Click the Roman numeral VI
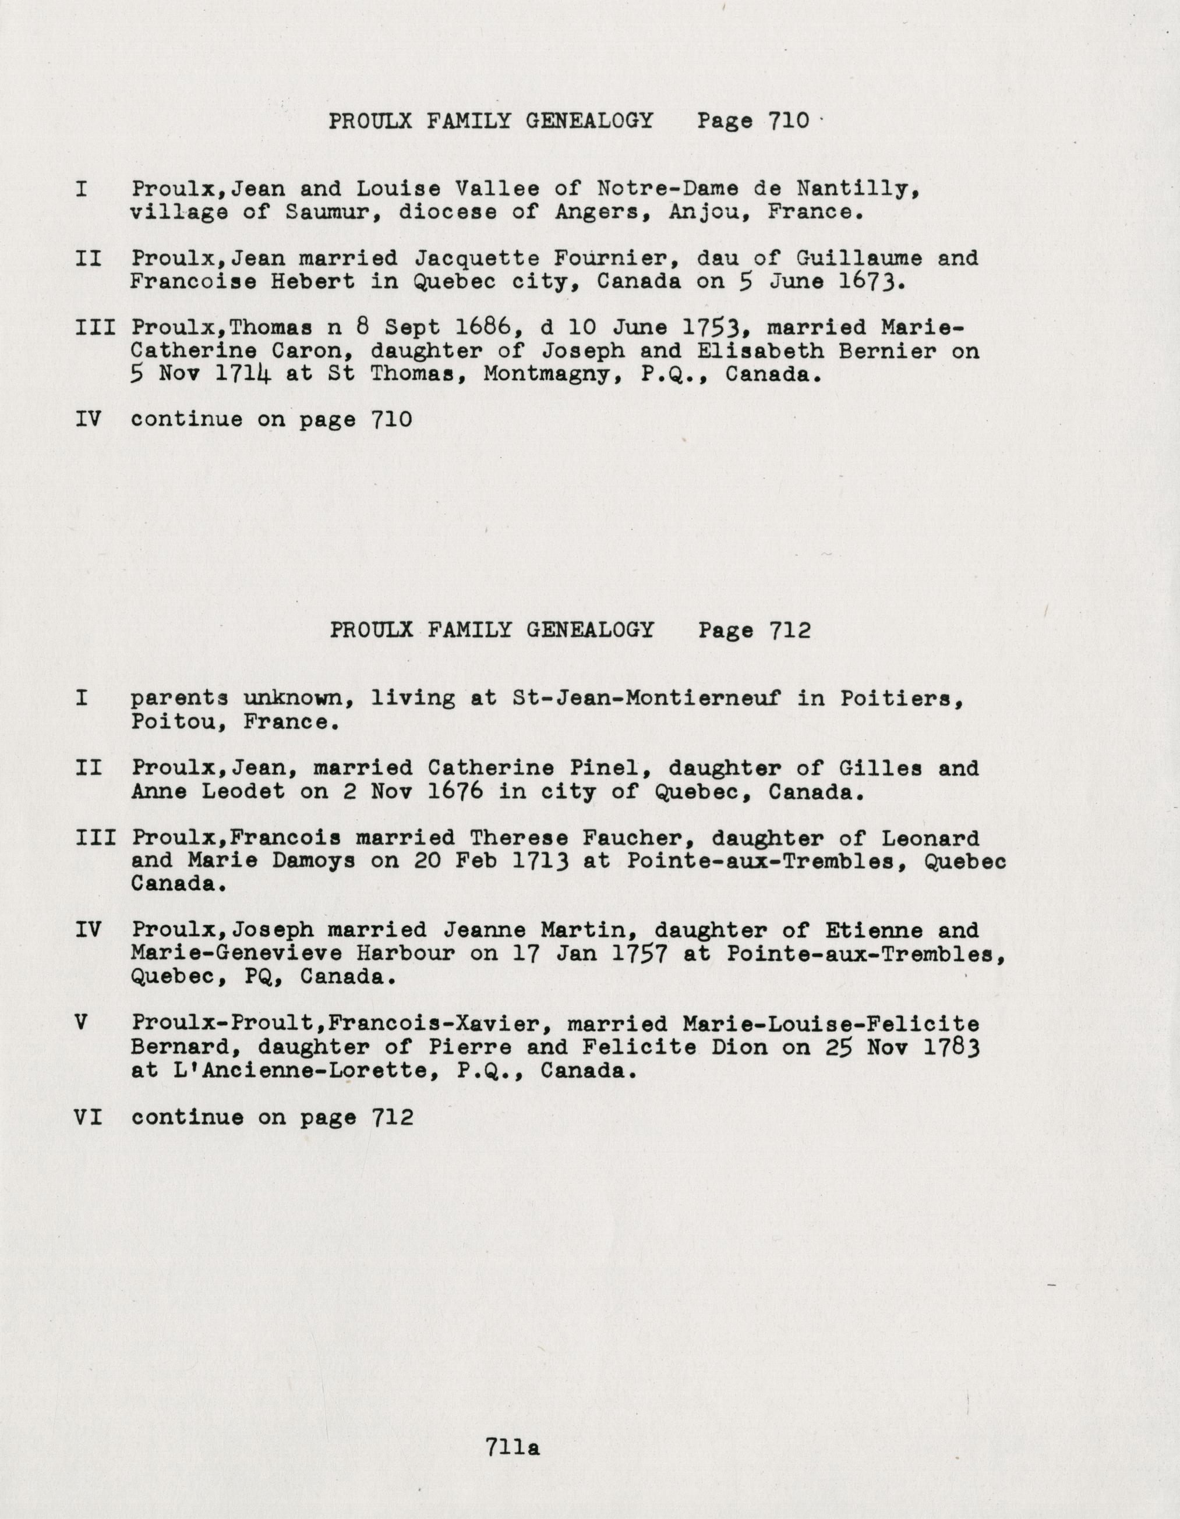(x=89, y=1118)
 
